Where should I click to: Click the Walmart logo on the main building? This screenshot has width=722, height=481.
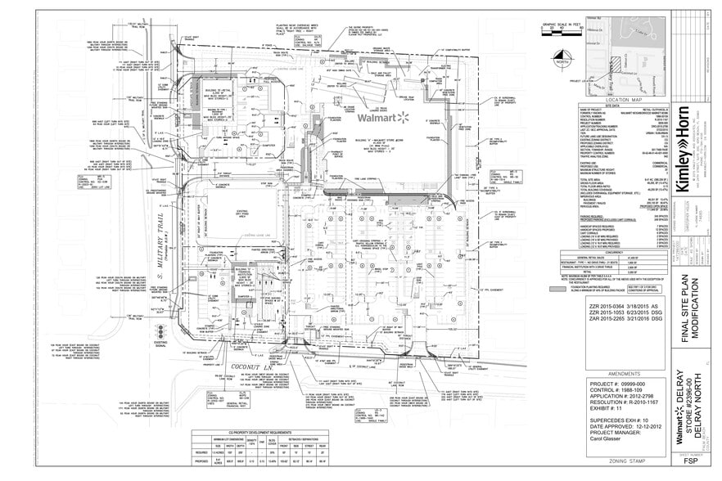click(383, 117)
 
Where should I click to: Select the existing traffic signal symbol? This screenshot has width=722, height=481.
click(160, 329)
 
